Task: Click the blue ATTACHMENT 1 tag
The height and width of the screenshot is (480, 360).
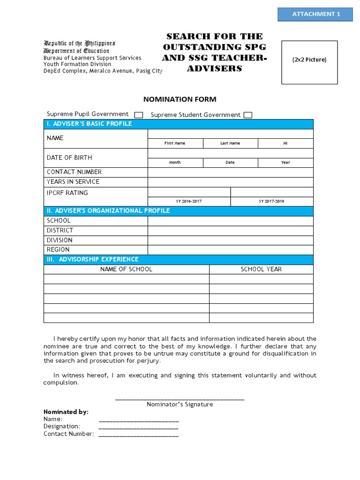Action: [x=315, y=14]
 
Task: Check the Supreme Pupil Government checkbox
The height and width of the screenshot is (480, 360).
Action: [x=139, y=115]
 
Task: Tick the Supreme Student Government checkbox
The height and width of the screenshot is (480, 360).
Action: [x=248, y=115]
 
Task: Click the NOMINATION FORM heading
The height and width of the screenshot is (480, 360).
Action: [x=180, y=99]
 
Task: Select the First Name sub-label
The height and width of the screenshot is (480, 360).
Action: [x=175, y=143]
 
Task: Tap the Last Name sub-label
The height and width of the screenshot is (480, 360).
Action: [x=230, y=143]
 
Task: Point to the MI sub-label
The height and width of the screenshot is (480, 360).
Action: [x=285, y=143]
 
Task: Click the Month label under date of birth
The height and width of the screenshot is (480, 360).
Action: [x=175, y=163]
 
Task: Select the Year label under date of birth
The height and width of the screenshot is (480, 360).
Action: [x=285, y=163]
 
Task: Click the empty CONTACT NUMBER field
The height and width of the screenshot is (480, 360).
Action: [x=230, y=172]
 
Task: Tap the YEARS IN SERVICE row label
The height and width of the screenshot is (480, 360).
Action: [x=73, y=182]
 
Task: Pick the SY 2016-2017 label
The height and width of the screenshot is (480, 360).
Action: [x=189, y=201]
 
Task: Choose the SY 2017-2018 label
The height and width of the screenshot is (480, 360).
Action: [x=271, y=201]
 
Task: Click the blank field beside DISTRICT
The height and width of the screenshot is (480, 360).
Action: [x=230, y=231]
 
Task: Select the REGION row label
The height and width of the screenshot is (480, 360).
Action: [x=58, y=250]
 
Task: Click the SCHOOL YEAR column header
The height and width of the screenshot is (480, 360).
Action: [x=261, y=270]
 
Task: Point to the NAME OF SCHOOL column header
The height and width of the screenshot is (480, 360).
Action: [x=127, y=270]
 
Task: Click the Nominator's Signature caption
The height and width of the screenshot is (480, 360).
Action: [x=180, y=405]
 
